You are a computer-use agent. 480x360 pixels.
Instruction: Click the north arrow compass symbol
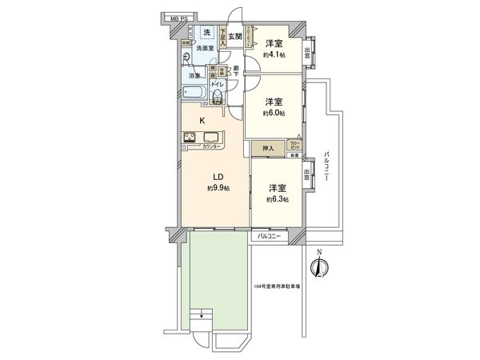tap(318, 267)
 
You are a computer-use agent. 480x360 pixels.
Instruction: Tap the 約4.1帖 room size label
tap(275, 55)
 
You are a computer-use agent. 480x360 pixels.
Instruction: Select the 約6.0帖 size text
tap(275, 114)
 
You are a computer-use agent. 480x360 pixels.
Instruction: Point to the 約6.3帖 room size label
tap(278, 198)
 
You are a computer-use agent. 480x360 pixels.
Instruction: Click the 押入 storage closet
tap(268, 148)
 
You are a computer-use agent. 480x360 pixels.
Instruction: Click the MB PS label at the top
tap(177, 17)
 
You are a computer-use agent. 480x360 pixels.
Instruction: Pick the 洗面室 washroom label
tap(206, 49)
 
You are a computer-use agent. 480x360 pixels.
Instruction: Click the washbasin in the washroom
tap(186, 57)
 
